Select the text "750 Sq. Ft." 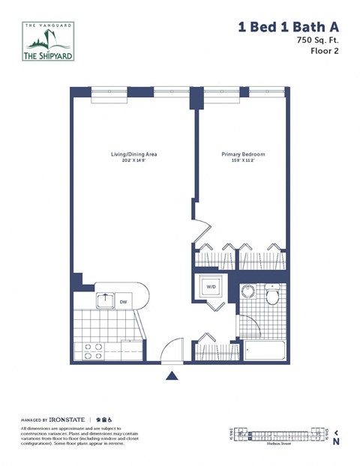pos(317,40)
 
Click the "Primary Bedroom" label pos(243,154)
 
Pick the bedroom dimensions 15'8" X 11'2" pos(243,160)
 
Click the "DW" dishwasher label pos(123,302)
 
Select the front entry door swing pos(172,351)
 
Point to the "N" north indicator pos(336,442)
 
